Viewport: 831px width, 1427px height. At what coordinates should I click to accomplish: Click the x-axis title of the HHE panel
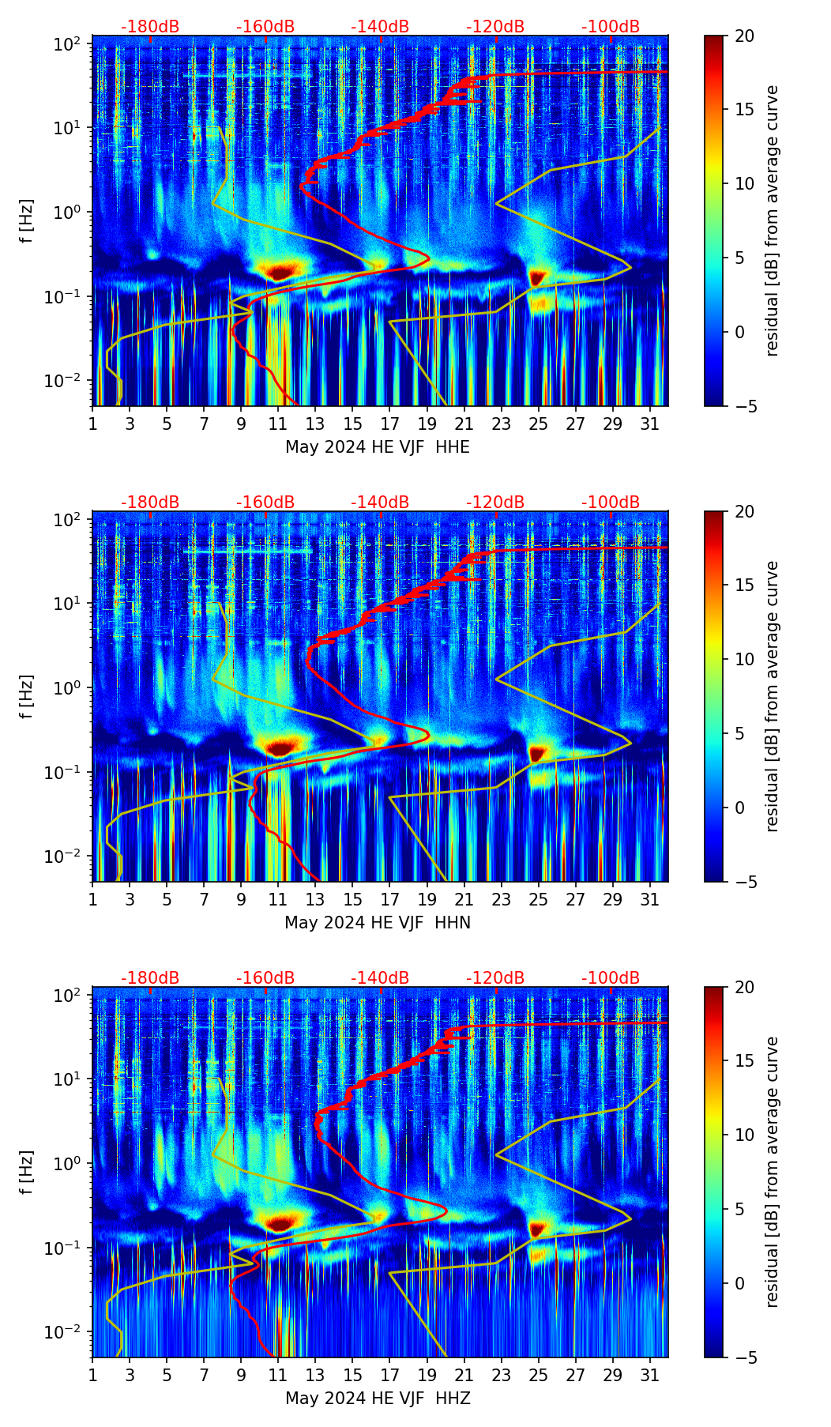(377, 447)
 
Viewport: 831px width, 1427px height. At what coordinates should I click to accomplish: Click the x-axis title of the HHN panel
(377, 923)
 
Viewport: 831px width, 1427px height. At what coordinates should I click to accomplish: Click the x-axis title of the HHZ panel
(377, 1399)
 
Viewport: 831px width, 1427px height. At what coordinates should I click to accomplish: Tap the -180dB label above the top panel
(150, 27)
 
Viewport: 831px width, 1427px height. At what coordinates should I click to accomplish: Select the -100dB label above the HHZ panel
(611, 978)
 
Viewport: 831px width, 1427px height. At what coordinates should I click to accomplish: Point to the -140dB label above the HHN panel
(380, 503)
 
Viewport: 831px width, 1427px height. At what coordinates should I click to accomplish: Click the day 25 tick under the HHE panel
(538, 424)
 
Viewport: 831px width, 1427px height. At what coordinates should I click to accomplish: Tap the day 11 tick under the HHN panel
(278, 899)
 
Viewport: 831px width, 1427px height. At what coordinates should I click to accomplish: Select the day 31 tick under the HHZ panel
(650, 1375)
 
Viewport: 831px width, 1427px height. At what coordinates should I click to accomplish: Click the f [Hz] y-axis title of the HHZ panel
(27, 1172)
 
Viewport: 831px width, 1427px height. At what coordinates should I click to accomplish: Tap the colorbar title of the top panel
(772, 220)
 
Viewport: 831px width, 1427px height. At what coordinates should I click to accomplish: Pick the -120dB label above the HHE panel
(495, 27)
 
